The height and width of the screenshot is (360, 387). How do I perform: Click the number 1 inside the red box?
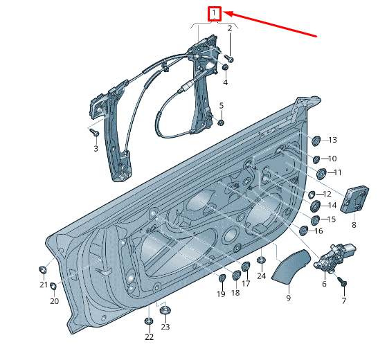(x=215, y=12)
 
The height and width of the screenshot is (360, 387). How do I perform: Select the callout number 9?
(x=289, y=298)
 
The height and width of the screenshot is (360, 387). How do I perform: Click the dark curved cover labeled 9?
(x=289, y=269)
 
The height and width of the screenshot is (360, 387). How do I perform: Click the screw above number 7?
(x=343, y=282)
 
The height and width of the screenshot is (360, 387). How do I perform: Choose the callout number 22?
(x=149, y=337)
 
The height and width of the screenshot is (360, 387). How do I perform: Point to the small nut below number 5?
(x=221, y=123)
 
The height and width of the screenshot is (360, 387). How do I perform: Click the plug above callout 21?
(x=44, y=269)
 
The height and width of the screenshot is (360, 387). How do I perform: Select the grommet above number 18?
(x=235, y=276)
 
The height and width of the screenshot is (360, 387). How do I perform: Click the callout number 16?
(x=318, y=231)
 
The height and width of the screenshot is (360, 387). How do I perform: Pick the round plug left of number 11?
(x=321, y=172)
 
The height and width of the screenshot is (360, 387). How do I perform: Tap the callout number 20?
(x=54, y=301)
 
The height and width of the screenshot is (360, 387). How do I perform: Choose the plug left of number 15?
(x=314, y=220)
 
